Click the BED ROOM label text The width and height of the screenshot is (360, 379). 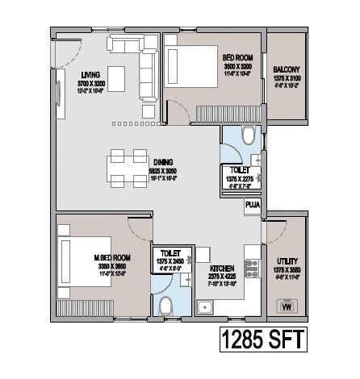pyautogui.click(x=238, y=57)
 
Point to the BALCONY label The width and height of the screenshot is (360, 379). pyautogui.click(x=287, y=69)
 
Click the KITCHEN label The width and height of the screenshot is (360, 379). pyautogui.click(x=222, y=268)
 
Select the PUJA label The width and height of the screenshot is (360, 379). pyautogui.click(x=252, y=205)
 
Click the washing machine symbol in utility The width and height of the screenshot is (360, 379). pyautogui.click(x=285, y=306)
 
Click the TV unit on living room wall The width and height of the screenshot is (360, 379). pyautogui.click(x=59, y=98)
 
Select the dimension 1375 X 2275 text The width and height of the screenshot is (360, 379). pyautogui.click(x=240, y=178)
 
